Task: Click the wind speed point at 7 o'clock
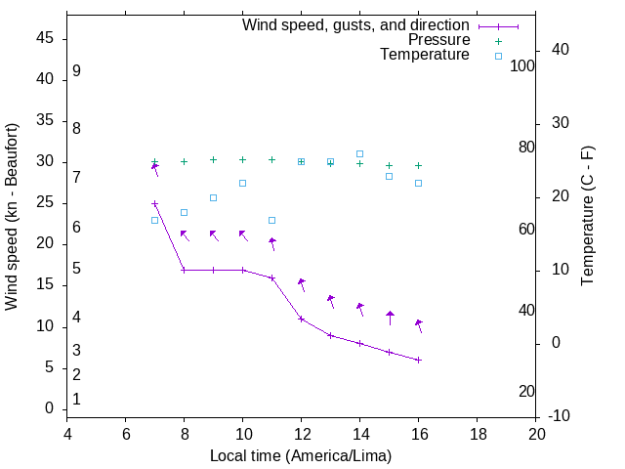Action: [154, 204]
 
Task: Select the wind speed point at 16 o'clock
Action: [418, 360]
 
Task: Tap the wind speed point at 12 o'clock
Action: [301, 319]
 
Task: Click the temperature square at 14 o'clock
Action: [359, 153]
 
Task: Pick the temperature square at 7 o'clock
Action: [154, 220]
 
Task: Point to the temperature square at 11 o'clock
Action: [271, 220]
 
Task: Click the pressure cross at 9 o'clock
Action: [213, 159]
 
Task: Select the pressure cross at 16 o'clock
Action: [418, 165]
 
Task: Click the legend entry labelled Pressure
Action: [438, 40]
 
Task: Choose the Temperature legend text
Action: [425, 55]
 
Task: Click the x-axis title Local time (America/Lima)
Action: [301, 455]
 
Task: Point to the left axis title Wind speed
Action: [12, 217]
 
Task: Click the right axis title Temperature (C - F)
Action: [587, 217]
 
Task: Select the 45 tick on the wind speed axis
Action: [45, 39]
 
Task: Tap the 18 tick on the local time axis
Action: [477, 433]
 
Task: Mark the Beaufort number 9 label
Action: [76, 71]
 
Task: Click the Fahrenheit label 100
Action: [522, 65]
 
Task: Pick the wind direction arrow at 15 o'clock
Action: [390, 318]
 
